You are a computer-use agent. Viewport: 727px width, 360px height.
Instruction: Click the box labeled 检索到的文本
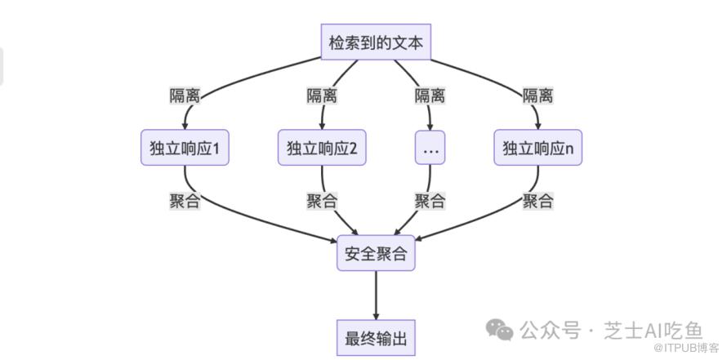(x=376, y=42)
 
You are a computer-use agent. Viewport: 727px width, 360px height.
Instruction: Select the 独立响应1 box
(x=185, y=148)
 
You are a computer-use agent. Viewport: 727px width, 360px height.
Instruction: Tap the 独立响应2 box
(x=322, y=148)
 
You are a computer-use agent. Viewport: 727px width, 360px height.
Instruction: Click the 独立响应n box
(x=537, y=148)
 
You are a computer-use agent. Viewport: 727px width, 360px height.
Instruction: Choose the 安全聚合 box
(x=376, y=254)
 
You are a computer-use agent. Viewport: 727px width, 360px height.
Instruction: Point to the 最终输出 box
(x=376, y=337)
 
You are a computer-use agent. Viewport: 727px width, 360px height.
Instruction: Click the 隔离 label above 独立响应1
(x=185, y=96)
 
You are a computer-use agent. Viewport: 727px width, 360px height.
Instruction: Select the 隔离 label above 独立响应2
(x=322, y=96)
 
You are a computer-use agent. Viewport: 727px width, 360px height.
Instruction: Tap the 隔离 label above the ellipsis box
(x=430, y=96)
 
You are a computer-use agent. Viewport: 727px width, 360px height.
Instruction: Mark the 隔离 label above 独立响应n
(x=537, y=96)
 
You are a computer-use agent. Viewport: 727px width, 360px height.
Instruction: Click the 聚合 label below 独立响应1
(x=185, y=201)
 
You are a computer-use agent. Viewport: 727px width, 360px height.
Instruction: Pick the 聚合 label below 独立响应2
(x=322, y=201)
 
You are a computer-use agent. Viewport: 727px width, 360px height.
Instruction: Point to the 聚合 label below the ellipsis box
(x=430, y=201)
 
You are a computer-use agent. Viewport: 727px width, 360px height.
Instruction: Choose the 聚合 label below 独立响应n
(x=537, y=201)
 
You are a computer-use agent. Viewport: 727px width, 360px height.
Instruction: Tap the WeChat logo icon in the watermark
(x=500, y=328)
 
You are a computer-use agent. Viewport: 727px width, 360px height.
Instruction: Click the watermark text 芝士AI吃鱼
(x=653, y=330)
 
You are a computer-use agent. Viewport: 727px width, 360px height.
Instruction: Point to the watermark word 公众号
(x=550, y=330)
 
